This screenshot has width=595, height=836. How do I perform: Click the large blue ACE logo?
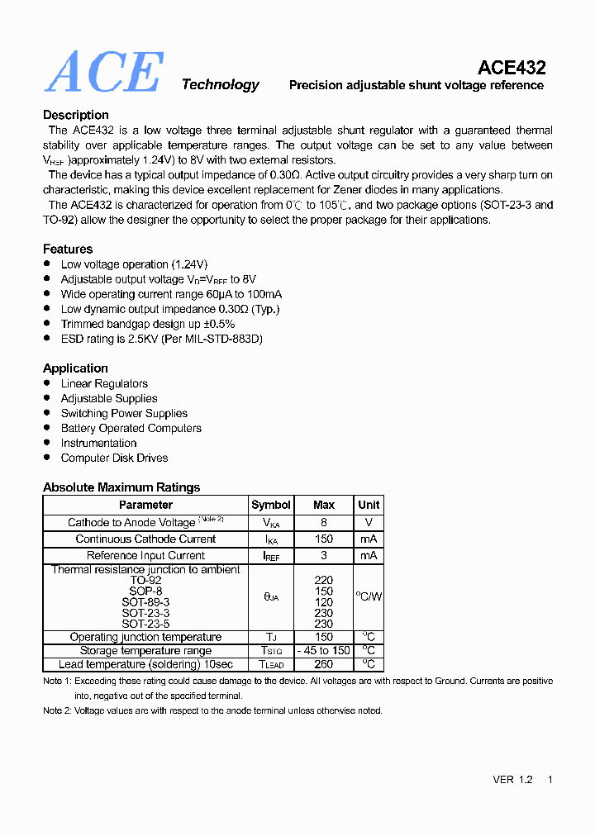coord(104,73)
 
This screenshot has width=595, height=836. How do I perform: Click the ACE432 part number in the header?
coord(512,68)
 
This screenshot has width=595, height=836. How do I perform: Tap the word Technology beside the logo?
coord(220,84)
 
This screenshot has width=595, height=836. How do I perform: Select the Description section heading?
coord(76,115)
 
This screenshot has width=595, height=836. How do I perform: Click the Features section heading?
coord(68,249)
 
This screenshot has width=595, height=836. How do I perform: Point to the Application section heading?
coord(75,368)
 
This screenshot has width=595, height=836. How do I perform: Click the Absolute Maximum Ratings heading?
coord(121,487)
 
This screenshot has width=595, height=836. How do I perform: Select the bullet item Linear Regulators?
coord(104,383)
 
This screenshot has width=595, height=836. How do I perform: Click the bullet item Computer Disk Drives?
coord(114,458)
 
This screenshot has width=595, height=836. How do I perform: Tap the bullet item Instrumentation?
coord(98,443)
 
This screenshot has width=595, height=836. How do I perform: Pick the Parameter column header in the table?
coord(145,505)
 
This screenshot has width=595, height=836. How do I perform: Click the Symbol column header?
coord(271,505)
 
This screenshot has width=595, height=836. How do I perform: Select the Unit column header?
coord(369,505)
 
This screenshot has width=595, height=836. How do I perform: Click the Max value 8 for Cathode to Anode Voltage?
coord(324,522)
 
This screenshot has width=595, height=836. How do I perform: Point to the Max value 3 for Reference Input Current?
coord(324,555)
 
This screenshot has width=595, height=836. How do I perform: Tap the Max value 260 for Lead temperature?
coord(324,664)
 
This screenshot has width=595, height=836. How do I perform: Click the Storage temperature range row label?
coord(145,651)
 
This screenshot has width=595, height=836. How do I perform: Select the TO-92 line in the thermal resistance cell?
coord(145,581)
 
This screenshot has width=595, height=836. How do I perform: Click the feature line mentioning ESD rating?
coord(162,339)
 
